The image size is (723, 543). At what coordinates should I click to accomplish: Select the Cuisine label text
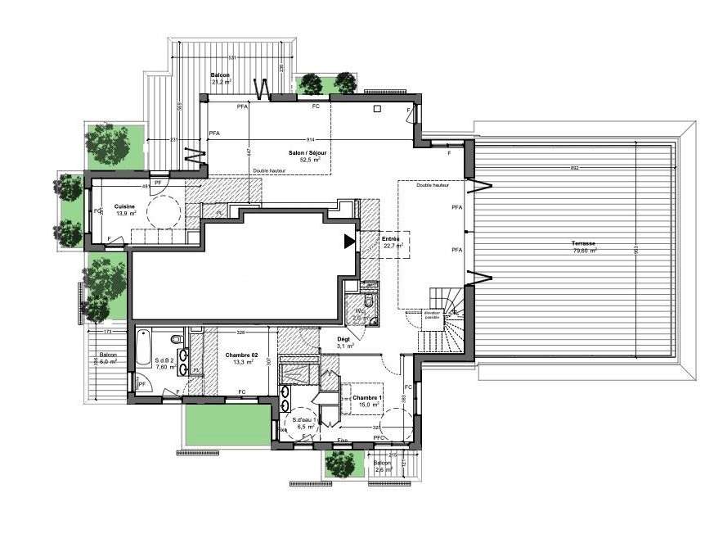(x=124, y=206)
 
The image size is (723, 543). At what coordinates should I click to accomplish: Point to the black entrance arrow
(x=349, y=241)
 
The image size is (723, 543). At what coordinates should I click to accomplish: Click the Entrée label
(x=390, y=239)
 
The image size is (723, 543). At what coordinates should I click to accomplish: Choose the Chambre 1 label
(x=367, y=397)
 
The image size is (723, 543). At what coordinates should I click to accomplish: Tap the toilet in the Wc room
(x=368, y=303)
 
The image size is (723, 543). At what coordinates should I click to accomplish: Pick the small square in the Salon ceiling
(x=377, y=108)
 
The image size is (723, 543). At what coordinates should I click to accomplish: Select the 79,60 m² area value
(x=584, y=250)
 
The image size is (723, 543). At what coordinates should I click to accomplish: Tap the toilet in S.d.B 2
(x=176, y=340)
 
